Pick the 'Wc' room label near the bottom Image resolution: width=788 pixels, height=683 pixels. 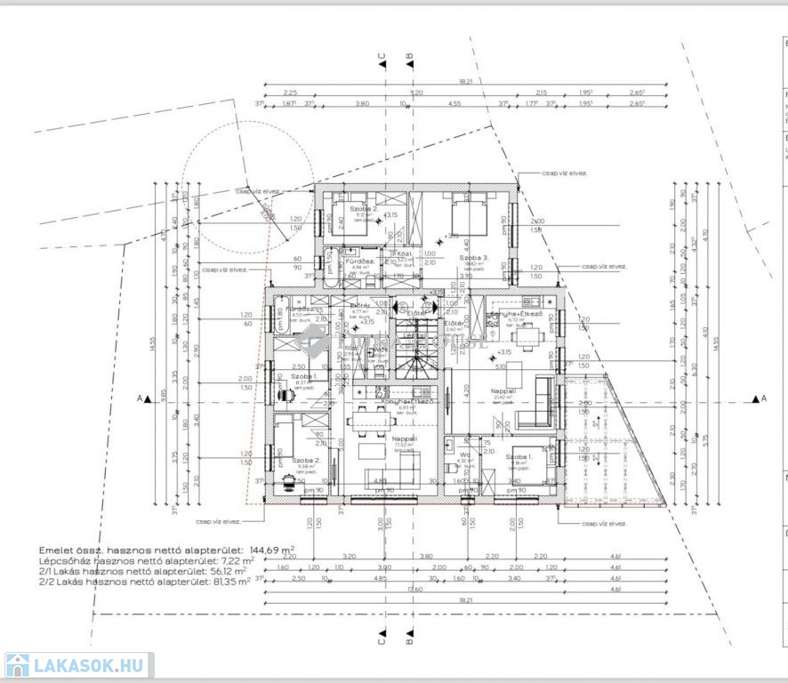pyautogui.click(x=465, y=454)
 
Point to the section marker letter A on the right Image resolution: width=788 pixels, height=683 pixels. pyautogui.click(x=764, y=399)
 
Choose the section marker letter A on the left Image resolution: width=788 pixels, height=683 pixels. pyautogui.click(x=141, y=399)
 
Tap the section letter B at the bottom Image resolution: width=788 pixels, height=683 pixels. pyautogui.click(x=409, y=637)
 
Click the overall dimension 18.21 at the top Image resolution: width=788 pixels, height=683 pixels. pyautogui.click(x=465, y=81)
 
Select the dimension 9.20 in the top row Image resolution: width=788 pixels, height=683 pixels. pyautogui.click(x=416, y=92)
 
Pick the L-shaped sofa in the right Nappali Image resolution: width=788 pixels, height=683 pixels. pyautogui.click(x=538, y=402)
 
